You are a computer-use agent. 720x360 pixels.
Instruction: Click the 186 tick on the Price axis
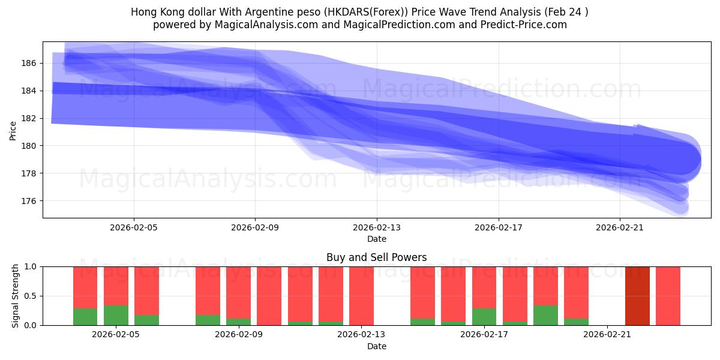pos(29,63)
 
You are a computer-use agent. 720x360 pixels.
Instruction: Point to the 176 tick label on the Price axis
pos(29,201)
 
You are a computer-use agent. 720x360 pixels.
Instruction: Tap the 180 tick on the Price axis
pos(29,146)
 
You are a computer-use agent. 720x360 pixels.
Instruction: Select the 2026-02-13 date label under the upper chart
pos(377,227)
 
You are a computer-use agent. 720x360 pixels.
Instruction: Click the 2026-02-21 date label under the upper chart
pos(619,227)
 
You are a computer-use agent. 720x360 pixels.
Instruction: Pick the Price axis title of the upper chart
pos(13,131)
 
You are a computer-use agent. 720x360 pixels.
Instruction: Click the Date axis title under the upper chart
pos(377,239)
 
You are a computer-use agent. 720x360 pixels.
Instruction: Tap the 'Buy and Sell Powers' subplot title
pos(377,257)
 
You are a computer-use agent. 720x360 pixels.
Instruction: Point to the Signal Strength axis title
pos(16,296)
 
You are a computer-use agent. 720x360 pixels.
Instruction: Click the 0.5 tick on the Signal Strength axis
pos(29,296)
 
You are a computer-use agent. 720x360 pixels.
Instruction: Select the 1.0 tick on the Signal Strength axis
pos(29,266)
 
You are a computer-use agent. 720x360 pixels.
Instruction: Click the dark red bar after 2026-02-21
pos(637,296)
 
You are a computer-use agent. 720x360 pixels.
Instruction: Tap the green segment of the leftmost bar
pos(85,317)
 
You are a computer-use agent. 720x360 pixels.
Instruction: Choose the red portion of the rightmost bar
pos(668,296)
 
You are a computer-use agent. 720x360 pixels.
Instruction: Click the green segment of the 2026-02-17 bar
pos(484,317)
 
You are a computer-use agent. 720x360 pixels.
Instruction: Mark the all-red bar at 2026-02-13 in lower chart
pos(361,296)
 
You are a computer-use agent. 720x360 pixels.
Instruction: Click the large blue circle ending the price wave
pos(681,160)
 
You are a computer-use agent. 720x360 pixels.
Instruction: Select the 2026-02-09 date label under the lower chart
pos(239,335)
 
